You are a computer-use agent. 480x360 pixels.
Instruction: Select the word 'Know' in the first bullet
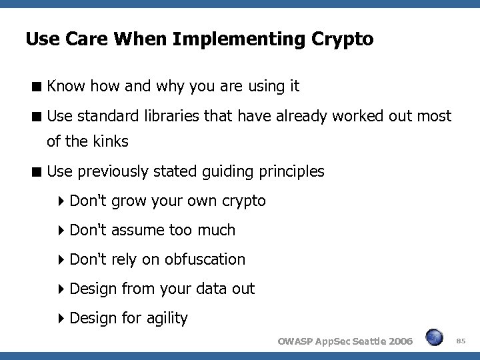tap(64, 86)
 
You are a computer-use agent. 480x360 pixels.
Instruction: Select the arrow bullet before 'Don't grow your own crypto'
tap(61, 201)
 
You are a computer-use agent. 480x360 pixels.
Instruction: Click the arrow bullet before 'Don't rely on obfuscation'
tap(61, 260)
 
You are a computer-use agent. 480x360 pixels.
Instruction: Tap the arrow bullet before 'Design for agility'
tap(61, 319)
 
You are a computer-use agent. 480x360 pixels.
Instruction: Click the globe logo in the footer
tap(434, 337)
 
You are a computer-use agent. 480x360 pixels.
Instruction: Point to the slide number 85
tap(461, 341)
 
